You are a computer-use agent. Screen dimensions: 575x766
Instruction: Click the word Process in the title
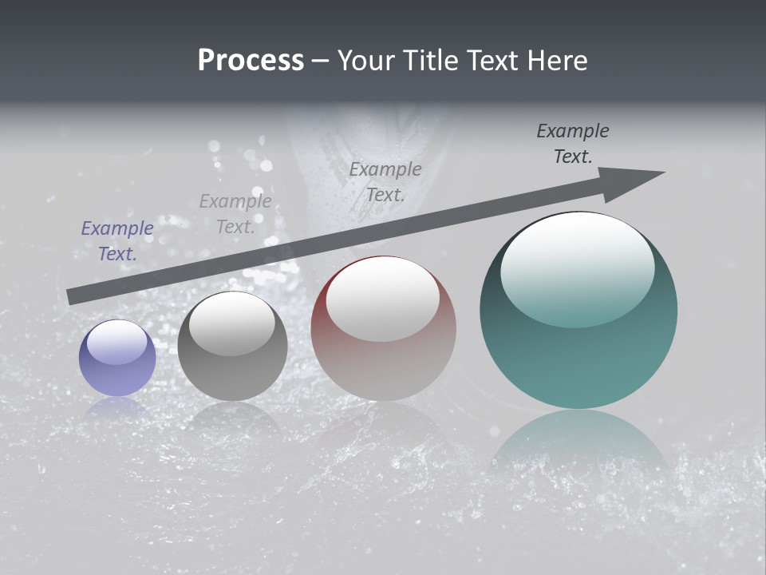tap(251, 61)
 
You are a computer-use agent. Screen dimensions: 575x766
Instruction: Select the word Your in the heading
tap(369, 61)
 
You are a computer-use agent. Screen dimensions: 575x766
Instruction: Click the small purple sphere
tap(117, 359)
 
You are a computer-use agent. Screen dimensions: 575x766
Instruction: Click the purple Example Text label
tap(117, 241)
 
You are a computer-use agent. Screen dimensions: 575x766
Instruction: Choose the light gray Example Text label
tap(235, 214)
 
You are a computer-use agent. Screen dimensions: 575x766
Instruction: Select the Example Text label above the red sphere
tap(385, 181)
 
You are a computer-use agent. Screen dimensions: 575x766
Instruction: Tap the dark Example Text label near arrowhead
tap(573, 144)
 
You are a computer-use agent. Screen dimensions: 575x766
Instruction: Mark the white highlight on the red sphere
tap(383, 299)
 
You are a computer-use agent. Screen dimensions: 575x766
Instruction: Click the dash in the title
tap(321, 61)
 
